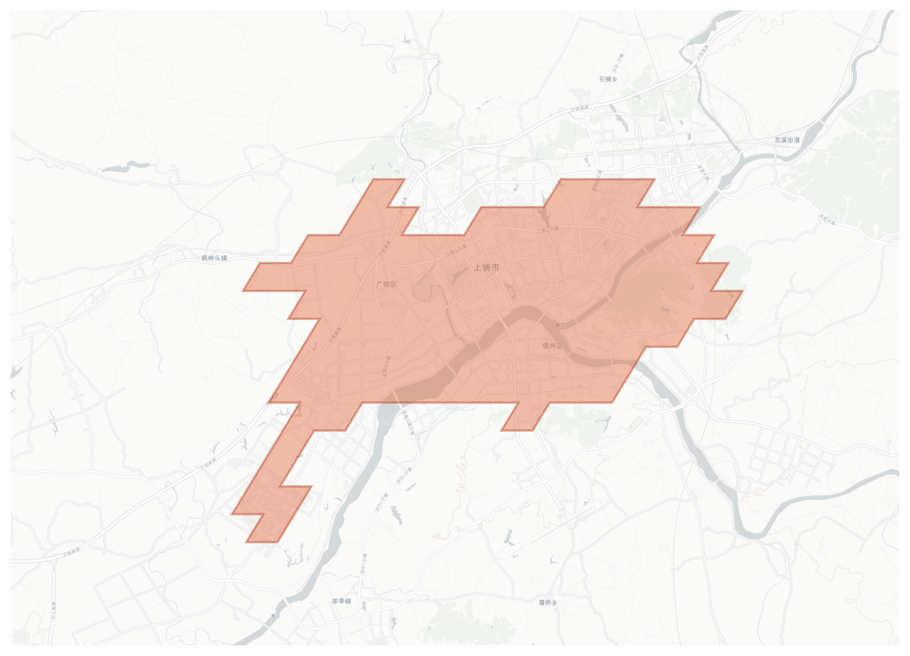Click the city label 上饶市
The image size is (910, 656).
point(486,267)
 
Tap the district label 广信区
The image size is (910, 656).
point(386,284)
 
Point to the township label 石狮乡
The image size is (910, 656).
point(608,79)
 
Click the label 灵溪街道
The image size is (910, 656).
point(787,140)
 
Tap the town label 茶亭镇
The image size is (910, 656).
point(341,601)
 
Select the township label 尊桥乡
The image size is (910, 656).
point(548,602)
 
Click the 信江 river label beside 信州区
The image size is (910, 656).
point(560,325)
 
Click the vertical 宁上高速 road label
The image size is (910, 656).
point(54,610)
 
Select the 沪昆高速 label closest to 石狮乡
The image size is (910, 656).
point(580,108)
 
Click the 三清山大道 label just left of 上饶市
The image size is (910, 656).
point(456,251)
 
